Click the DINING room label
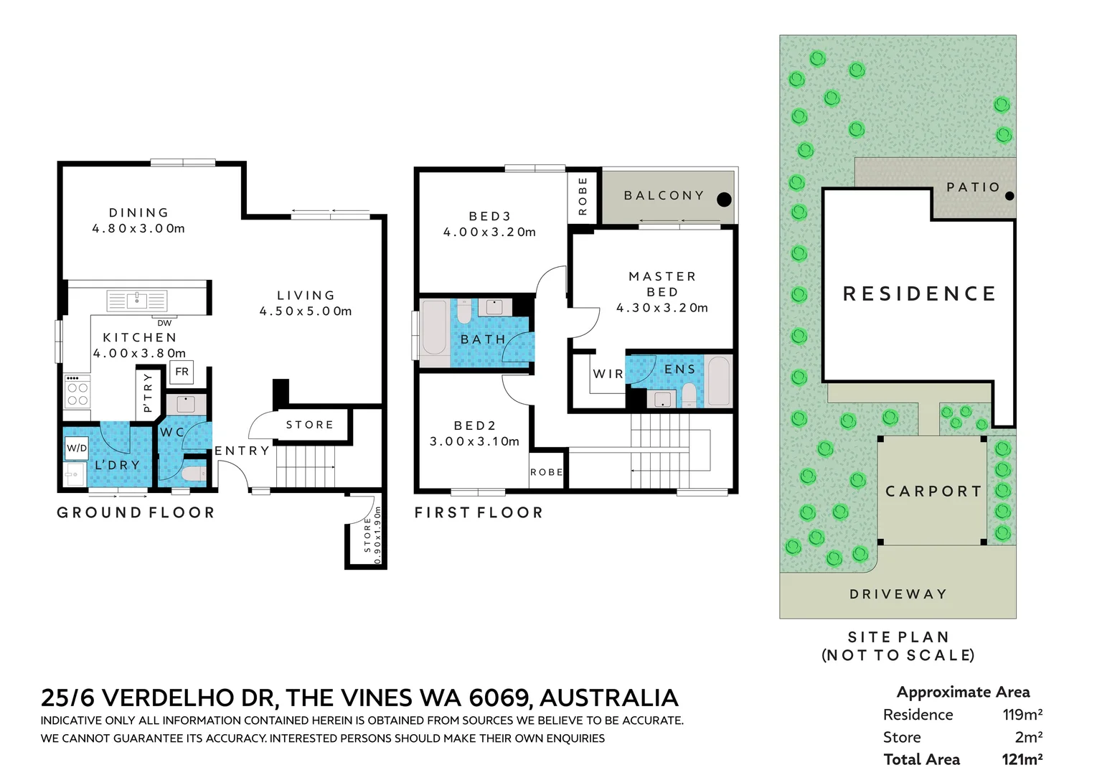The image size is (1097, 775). coord(138,212)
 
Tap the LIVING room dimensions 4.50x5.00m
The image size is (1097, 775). coord(306,311)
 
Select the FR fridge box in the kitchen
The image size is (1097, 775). coord(182,372)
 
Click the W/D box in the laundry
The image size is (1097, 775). coord(76,448)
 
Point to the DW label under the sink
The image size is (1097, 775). coord(164,323)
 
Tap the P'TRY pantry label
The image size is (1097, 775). coord(147,393)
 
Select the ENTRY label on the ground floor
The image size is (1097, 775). coord(242,451)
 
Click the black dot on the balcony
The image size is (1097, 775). coord(724,199)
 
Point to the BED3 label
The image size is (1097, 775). coord(489,216)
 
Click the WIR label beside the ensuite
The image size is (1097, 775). coord(608,374)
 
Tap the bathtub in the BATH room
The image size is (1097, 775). coord(433,328)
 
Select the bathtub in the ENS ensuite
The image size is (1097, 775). coord(717,380)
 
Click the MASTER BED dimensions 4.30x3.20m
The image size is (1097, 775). coord(662,308)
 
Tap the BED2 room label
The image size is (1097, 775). coord(474,426)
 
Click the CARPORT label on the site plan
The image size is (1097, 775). coord(933,492)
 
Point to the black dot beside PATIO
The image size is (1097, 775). coord(1009,195)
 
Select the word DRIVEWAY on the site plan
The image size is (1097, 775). coord(898,594)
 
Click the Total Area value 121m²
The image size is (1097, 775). coord(1022,759)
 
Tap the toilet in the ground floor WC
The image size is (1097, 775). coord(194,473)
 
